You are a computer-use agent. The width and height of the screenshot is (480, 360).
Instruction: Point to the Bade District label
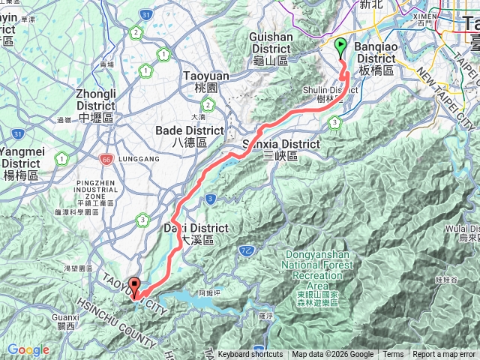coord(189,136)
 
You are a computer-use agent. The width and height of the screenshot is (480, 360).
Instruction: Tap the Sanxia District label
coord(281,149)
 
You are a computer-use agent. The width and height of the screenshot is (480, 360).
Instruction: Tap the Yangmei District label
coord(20,158)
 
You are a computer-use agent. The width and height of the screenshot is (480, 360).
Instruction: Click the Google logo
coord(28,350)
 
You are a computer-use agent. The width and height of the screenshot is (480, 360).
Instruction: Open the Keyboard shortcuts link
coord(250,355)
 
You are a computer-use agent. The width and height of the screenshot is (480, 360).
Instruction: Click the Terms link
coord(393,355)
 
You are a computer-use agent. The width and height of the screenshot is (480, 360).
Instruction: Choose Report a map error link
coord(445,355)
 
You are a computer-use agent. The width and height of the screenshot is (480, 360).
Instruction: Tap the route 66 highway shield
coord(105,159)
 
